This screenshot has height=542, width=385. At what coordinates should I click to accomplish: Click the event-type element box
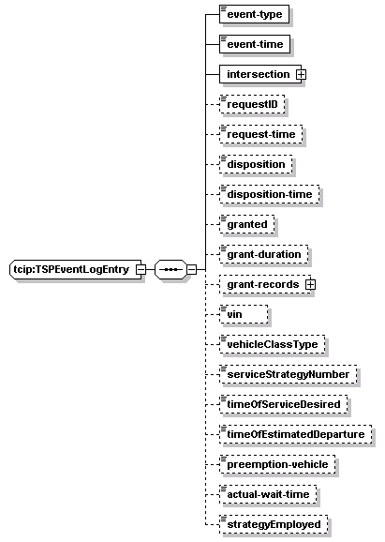point(254,14)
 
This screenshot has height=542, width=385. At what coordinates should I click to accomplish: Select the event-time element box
point(255,44)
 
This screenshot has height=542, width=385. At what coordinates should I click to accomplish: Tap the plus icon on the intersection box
point(301,74)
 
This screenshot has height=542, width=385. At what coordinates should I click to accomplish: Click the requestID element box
point(252,104)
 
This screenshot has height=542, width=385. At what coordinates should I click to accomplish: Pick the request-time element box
point(261,134)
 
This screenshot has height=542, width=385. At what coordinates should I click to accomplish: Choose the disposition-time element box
point(270,194)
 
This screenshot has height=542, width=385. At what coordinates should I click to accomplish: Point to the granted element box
point(247,224)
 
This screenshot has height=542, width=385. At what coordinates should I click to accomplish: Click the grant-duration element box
point(264,254)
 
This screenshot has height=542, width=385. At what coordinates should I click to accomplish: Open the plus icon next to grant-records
point(310,284)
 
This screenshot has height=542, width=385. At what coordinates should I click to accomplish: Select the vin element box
point(244,314)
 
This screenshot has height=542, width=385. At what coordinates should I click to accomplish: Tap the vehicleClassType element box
point(272,345)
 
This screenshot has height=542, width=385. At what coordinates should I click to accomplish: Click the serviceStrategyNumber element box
point(288,374)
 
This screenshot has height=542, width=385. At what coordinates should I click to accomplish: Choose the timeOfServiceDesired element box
point(284,404)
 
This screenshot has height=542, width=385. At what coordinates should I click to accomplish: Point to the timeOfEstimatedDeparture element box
point(296,434)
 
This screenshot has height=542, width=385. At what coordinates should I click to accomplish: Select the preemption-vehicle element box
point(277,464)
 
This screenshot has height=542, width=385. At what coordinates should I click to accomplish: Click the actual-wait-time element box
point(268,494)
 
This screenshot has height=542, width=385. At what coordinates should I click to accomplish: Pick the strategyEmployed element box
point(274,525)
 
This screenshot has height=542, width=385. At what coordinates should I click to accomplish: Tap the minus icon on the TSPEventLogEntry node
point(141,270)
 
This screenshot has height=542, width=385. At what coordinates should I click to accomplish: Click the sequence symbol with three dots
point(170,270)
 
